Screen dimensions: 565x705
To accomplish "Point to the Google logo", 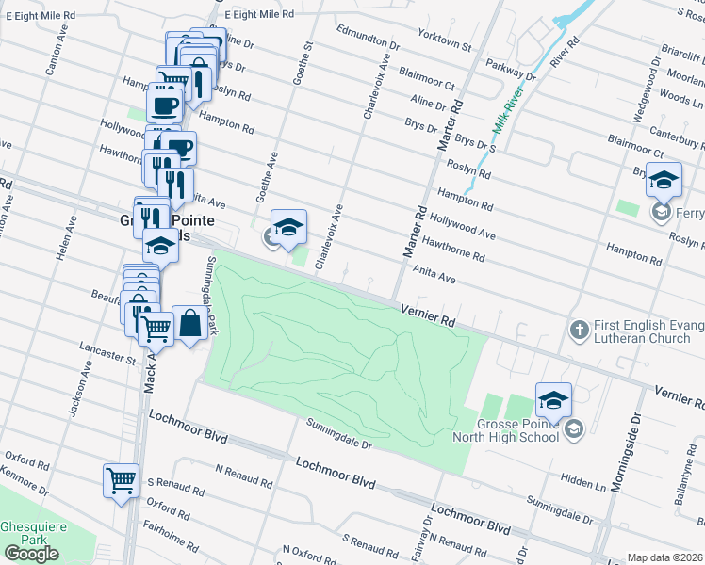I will pyautogui.click(x=31, y=554).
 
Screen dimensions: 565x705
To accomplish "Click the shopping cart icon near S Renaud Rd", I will pyautogui.click(x=122, y=481).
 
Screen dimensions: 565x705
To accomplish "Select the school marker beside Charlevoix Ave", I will pyautogui.click(x=289, y=227).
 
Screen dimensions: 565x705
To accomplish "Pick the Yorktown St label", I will pyautogui.click(x=445, y=41).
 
